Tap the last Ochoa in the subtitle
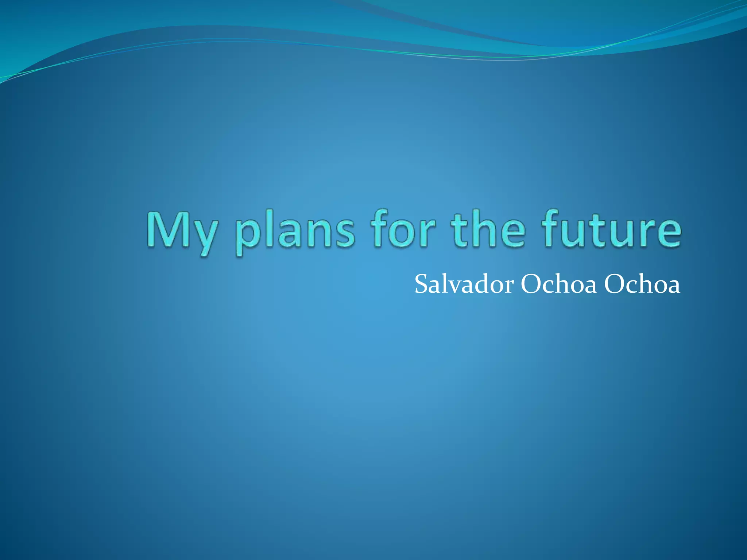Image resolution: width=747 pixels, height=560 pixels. click(x=642, y=284)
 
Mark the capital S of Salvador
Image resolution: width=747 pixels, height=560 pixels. click(x=422, y=284)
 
